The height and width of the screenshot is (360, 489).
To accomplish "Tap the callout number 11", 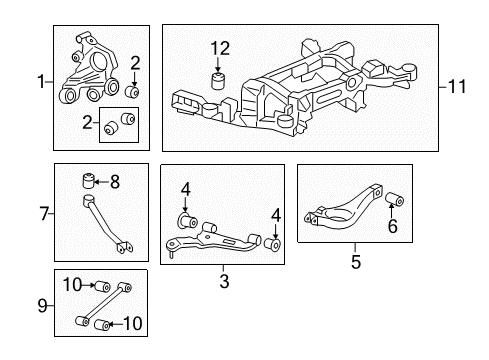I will (458, 88).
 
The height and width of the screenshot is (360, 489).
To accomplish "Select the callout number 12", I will (219, 47).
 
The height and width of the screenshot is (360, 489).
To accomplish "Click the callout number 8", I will (114, 182).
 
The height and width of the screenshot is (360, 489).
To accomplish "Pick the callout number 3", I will (224, 282).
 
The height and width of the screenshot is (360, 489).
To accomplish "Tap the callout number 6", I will (391, 227).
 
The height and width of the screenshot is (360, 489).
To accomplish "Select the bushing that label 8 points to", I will (87, 182).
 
